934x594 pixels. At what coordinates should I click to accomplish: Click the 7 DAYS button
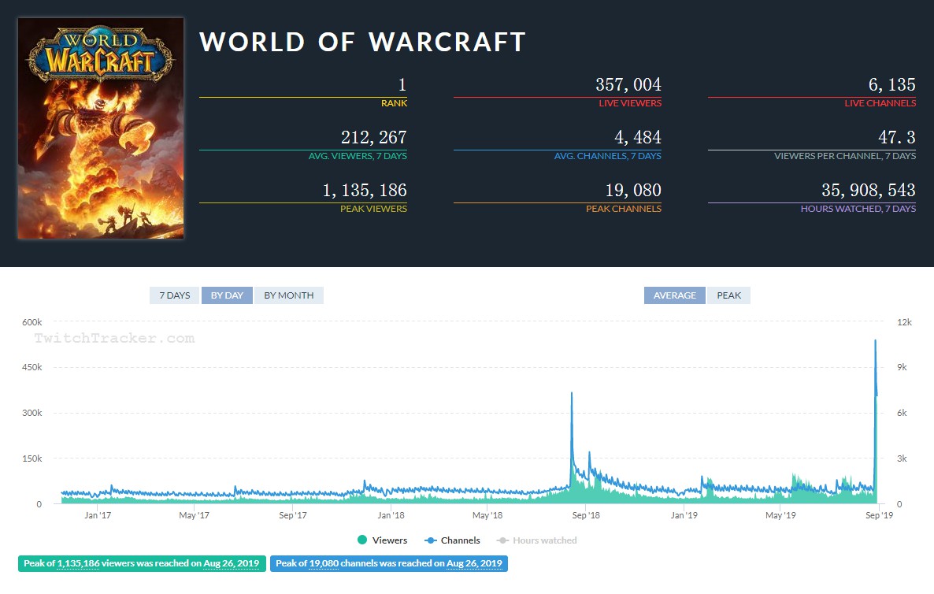175,295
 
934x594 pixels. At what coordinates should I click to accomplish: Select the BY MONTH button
288,295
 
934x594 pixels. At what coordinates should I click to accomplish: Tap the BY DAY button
227,295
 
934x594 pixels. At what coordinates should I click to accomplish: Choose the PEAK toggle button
728,295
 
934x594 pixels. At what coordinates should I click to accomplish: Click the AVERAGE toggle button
674,295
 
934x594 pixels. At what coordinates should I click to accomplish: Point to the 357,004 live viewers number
628,85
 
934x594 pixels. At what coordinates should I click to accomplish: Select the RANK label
394,103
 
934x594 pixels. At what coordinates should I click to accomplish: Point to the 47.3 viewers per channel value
897,138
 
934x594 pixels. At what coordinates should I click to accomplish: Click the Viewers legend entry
382,540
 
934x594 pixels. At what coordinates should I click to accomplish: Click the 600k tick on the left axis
32,322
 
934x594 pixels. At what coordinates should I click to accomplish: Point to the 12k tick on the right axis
904,322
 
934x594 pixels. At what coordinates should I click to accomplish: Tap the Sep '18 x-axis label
585,515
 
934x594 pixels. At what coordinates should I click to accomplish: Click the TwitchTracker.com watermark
113,339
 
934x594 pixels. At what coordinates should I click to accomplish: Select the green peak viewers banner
142,563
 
